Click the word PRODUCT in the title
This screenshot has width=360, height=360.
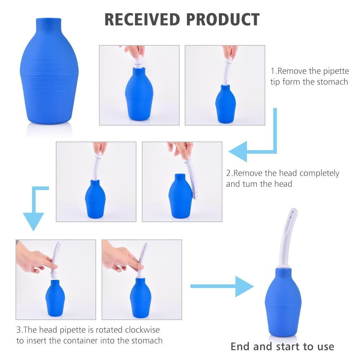pyautogui.click(x=223, y=19)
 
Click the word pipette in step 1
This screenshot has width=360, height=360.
pyautogui.click(x=336, y=71)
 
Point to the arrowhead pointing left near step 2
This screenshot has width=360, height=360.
pyautogui.click(x=238, y=152)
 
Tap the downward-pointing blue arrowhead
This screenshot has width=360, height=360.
pyautogui.click(x=33, y=221)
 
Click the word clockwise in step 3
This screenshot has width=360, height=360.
pyautogui.click(x=142, y=330)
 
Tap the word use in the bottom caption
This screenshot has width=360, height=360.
pyautogui.click(x=326, y=347)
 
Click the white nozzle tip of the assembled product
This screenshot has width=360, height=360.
pyautogui.click(x=294, y=210)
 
